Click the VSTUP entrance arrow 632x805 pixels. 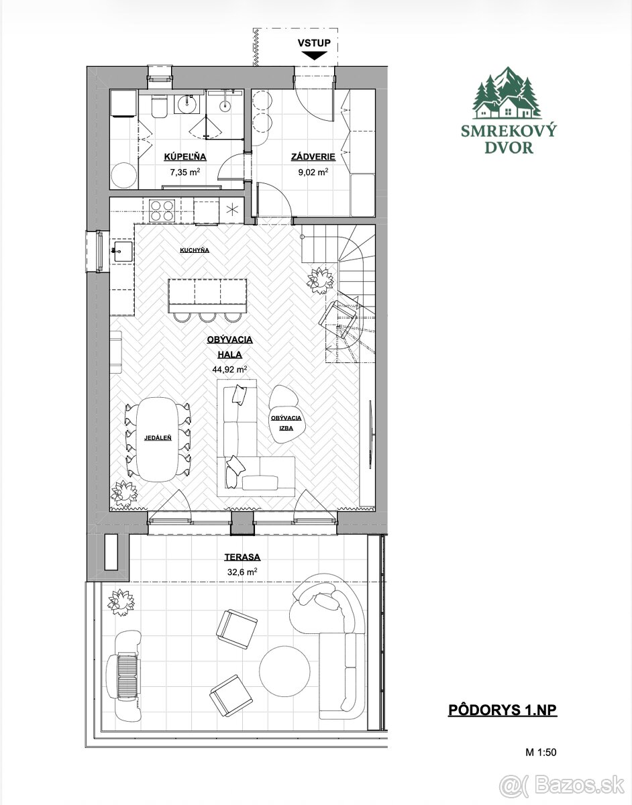click(314, 56)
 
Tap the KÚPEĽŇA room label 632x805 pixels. click(185, 157)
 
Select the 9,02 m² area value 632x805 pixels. click(313, 172)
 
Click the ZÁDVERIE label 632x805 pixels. click(313, 157)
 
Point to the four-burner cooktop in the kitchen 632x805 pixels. click(162, 211)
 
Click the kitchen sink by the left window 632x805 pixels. click(122, 252)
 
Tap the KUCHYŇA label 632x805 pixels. click(195, 250)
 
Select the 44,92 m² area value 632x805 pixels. click(229, 370)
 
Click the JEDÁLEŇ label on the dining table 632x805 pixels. click(158, 438)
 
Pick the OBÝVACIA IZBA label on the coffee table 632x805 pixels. click(286, 423)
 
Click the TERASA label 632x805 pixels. click(242, 557)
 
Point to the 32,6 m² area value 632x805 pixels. click(242, 572)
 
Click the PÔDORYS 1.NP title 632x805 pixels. click(503, 710)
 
